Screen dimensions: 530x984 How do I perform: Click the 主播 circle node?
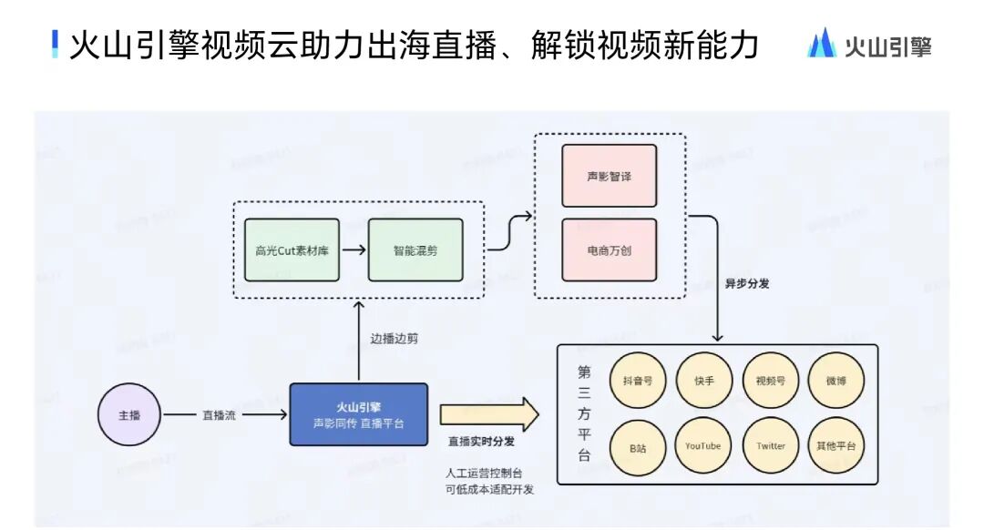pyautogui.click(x=129, y=415)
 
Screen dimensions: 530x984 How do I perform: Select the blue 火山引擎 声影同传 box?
pyautogui.click(x=358, y=414)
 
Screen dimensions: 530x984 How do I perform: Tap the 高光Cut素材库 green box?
pyautogui.click(x=292, y=250)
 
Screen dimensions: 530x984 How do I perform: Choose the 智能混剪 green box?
pyautogui.click(x=415, y=250)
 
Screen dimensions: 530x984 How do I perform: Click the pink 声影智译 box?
pyautogui.click(x=609, y=175)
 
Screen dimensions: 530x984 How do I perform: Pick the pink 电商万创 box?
pyautogui.click(x=609, y=250)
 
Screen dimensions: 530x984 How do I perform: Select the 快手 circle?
pyautogui.click(x=704, y=380)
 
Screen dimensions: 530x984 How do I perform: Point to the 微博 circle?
pyautogui.click(x=835, y=380)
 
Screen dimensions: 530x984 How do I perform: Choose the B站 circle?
pyautogui.click(x=638, y=446)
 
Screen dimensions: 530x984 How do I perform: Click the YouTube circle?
pyautogui.click(x=704, y=446)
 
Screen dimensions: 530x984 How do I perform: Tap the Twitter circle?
pyautogui.click(x=771, y=446)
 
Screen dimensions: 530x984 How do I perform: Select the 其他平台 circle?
pyautogui.click(x=835, y=446)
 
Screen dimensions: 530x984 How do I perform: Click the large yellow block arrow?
pyautogui.click(x=489, y=414)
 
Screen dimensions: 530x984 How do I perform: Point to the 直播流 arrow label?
pyautogui.click(x=219, y=415)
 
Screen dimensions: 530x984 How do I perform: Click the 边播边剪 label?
pyautogui.click(x=394, y=339)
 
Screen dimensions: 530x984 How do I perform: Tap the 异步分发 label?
pyautogui.click(x=747, y=283)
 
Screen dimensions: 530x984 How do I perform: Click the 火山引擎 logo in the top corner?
pyautogui.click(x=869, y=44)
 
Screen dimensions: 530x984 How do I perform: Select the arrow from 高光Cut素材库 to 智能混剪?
pyautogui.click(x=354, y=250)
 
